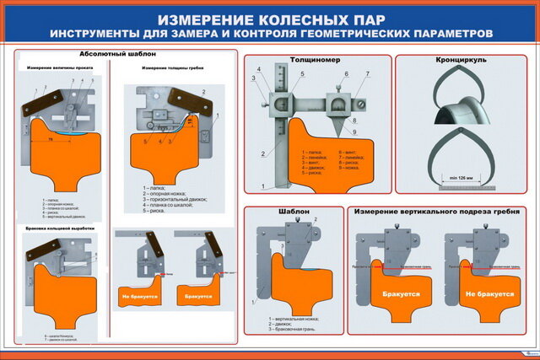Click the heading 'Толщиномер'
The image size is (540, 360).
pos(317,62)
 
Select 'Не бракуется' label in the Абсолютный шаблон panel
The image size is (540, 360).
pos(138,297)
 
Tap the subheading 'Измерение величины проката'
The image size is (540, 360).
pos(60,67)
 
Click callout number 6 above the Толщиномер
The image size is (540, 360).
pos(346,74)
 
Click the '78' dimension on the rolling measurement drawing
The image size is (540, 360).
pos(51,136)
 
